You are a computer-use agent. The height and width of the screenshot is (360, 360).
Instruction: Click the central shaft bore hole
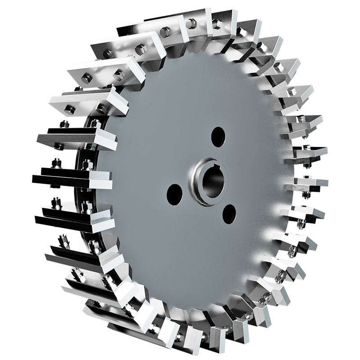[x=211, y=182]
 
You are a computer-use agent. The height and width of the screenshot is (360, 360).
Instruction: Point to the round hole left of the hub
[x=175, y=193]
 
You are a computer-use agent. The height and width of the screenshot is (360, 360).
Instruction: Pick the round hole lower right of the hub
[x=229, y=214]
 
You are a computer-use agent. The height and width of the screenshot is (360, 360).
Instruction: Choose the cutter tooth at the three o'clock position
[x=310, y=182]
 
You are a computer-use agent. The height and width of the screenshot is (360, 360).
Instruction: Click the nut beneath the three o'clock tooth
[x=306, y=194]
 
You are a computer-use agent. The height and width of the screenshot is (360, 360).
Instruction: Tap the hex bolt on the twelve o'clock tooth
[x=191, y=22]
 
